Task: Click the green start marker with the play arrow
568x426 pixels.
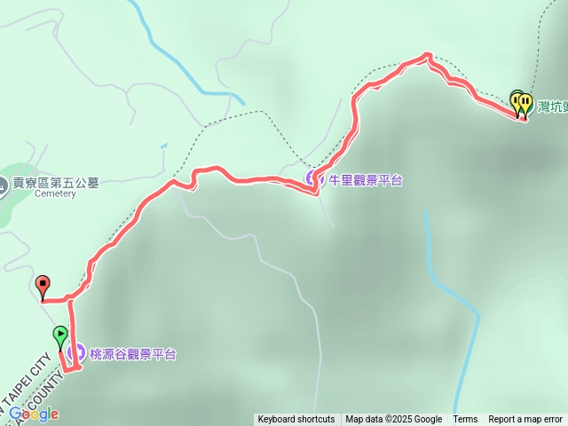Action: coord(60,336)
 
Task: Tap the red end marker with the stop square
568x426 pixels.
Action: coord(43,285)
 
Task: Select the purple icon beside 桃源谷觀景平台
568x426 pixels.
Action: coord(75,354)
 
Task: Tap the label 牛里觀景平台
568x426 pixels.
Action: coord(366,180)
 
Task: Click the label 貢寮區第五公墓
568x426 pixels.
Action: coord(55,184)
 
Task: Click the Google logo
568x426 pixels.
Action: coord(34,414)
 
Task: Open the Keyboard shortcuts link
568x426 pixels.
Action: coord(296,420)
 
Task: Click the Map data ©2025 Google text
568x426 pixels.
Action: coord(393,420)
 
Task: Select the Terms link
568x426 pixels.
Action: coord(465,420)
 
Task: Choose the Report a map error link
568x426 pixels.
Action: coord(525,420)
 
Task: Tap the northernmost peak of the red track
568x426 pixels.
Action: coord(427,57)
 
